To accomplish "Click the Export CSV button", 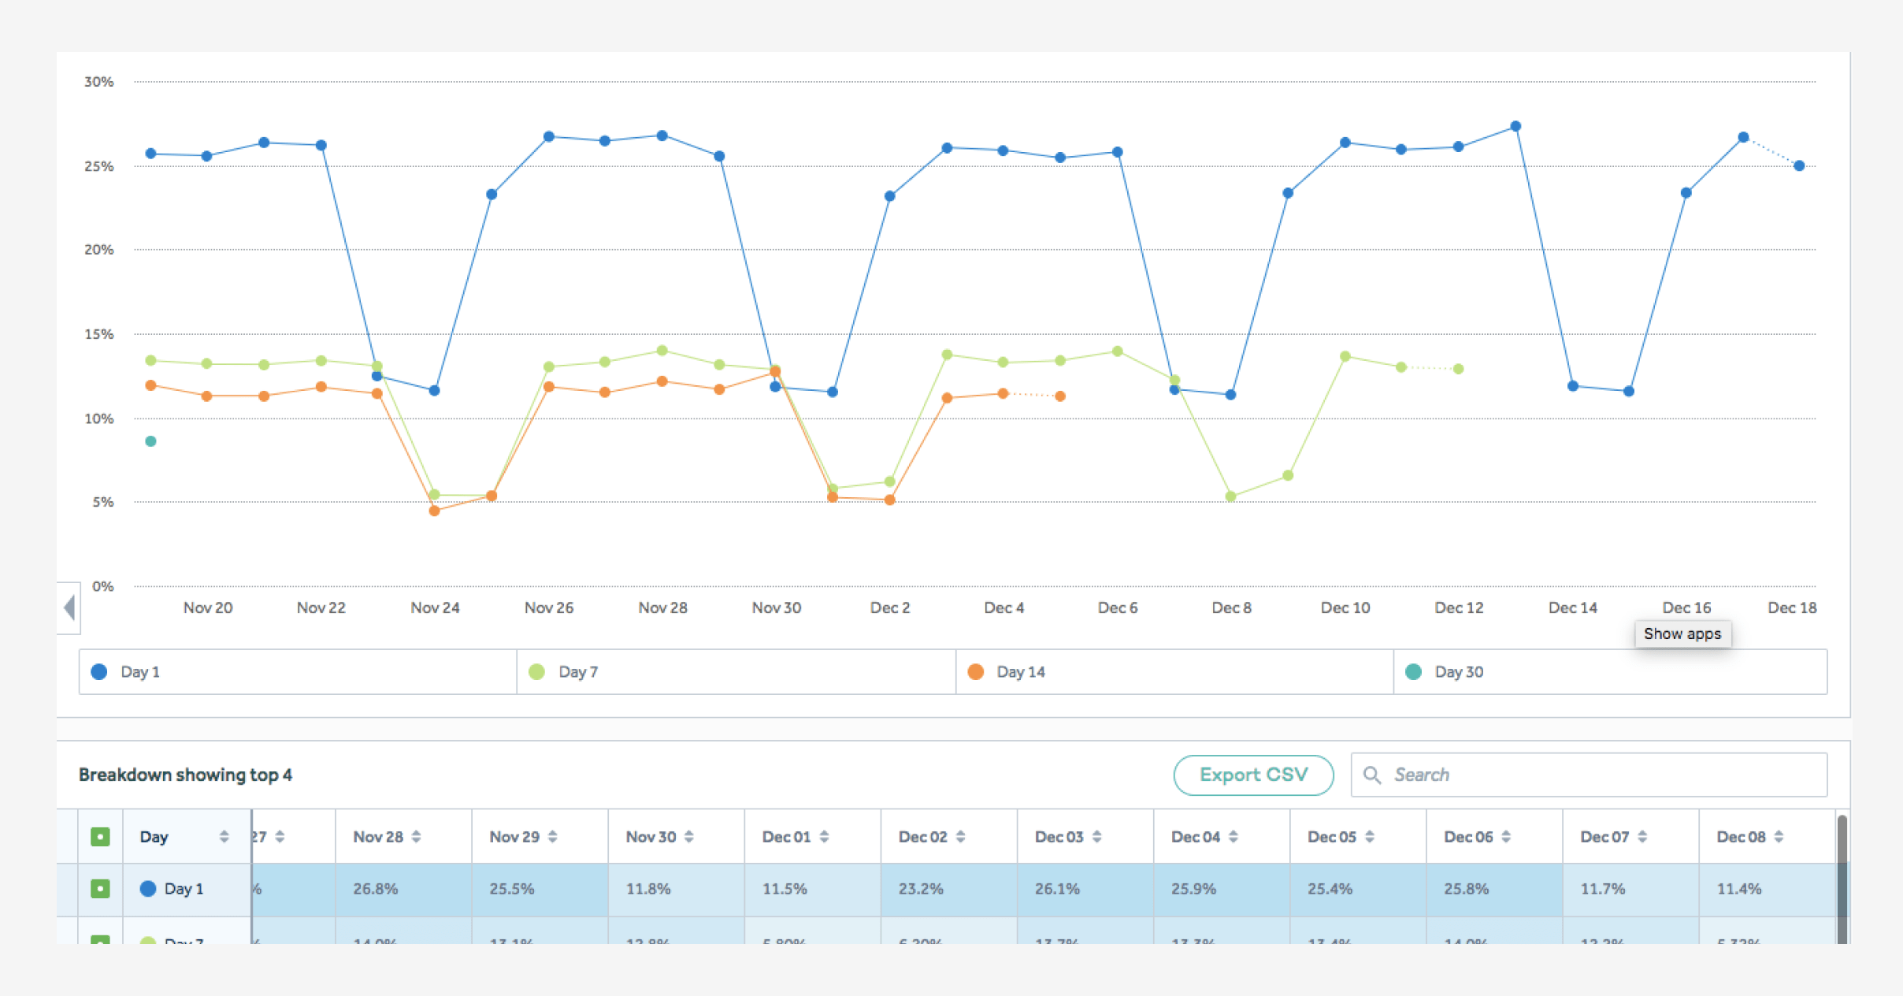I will (x=1252, y=775).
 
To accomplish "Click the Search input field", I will (x=1599, y=775).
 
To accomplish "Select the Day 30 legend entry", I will (x=1457, y=672).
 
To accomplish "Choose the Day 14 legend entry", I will (x=1019, y=672).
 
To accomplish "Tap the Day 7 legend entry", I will (x=577, y=672).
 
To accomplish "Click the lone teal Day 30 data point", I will (x=150, y=441).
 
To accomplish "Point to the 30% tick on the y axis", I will (x=99, y=82).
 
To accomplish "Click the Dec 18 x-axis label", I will (x=1791, y=608).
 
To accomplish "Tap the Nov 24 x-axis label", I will (x=435, y=608).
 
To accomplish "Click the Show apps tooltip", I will (x=1682, y=634).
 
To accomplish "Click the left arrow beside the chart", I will (x=69, y=608).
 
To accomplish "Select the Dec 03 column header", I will (x=1059, y=837).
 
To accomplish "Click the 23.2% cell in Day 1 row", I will (x=920, y=889).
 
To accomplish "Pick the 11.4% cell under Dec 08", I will (x=1738, y=889).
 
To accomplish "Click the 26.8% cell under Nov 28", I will (x=375, y=889).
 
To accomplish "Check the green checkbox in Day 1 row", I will (x=100, y=889).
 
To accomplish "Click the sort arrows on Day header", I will (x=224, y=837).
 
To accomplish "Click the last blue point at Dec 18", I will (x=1799, y=166).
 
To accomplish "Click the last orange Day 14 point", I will (x=1060, y=396).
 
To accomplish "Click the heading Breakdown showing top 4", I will (x=185, y=775).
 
